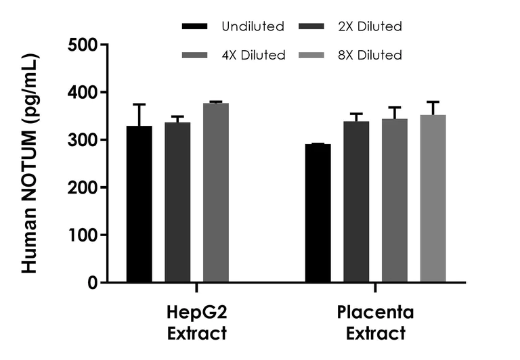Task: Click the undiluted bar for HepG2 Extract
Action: [x=139, y=204]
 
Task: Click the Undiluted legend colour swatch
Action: [x=195, y=27]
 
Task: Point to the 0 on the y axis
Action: [x=93, y=282]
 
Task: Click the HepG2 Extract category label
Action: [x=196, y=323]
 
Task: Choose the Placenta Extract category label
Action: [x=375, y=323]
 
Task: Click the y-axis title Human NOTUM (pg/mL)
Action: [x=29, y=164]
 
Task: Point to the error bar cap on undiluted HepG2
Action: [x=139, y=104]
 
